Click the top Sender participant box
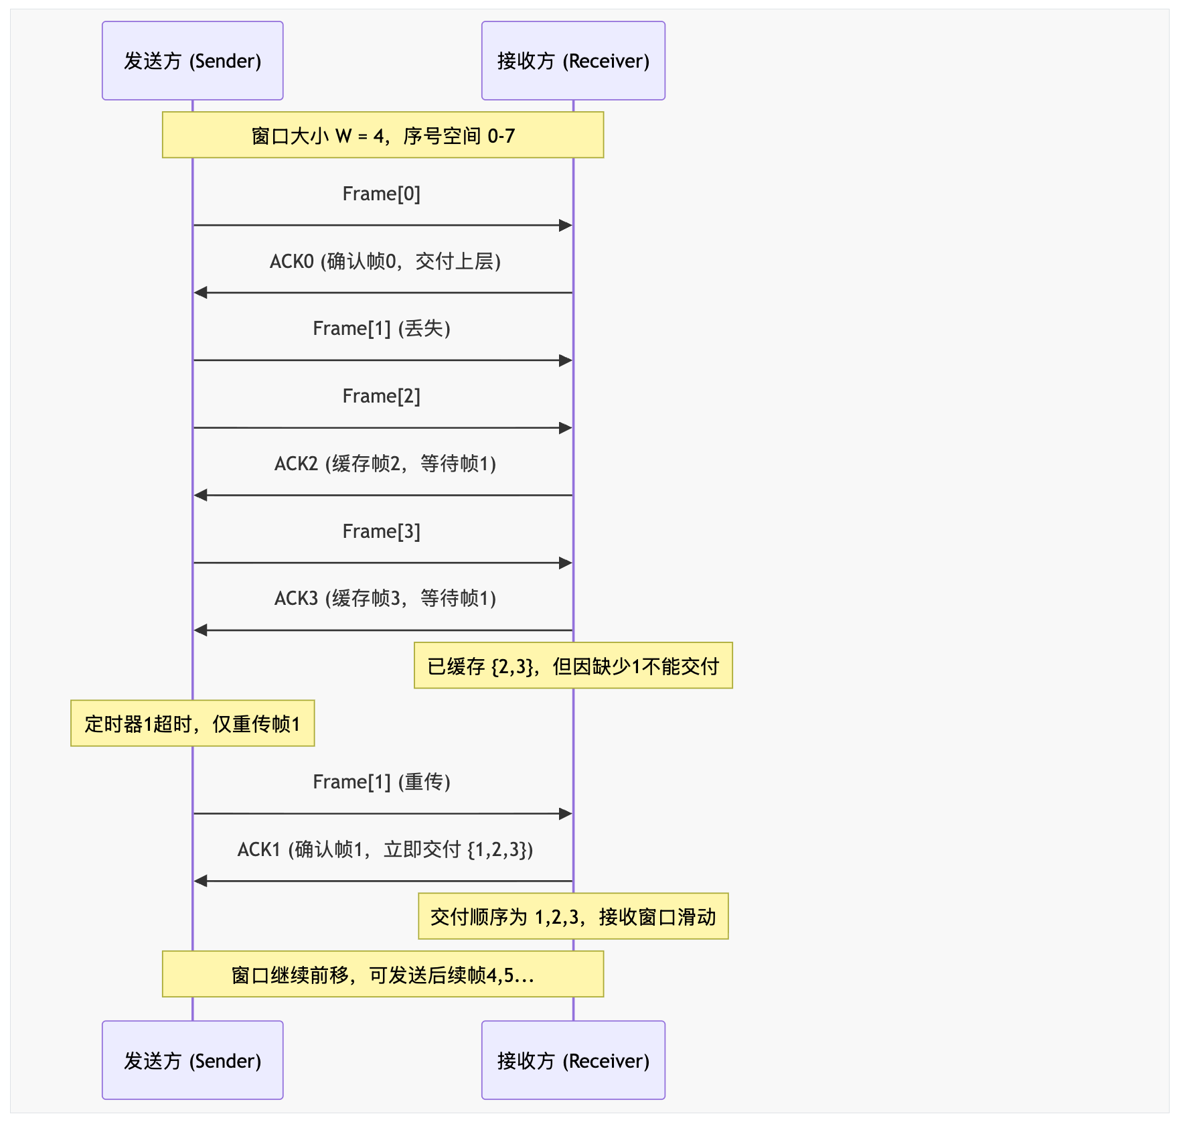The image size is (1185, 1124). click(193, 61)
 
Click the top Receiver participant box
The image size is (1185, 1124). click(573, 61)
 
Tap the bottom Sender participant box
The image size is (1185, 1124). click(193, 1060)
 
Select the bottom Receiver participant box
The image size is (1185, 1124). click(573, 1060)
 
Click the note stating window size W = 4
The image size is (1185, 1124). click(383, 135)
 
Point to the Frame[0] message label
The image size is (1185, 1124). click(382, 194)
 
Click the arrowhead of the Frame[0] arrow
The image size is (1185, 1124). click(566, 226)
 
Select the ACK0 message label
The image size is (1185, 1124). click(385, 261)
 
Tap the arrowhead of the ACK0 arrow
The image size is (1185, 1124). click(200, 293)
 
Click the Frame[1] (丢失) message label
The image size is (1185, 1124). click(382, 328)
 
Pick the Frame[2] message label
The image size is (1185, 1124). click(382, 396)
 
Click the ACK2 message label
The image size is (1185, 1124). click(385, 464)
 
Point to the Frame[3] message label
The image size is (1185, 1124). click(382, 531)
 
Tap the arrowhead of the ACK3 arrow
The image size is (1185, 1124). click(200, 630)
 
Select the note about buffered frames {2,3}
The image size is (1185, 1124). click(573, 666)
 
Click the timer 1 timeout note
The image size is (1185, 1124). click(193, 723)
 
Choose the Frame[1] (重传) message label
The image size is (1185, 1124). click(382, 782)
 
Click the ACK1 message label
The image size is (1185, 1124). click(385, 849)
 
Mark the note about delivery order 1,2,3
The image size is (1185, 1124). click(573, 916)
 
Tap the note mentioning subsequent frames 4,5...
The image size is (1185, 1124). click(383, 975)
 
